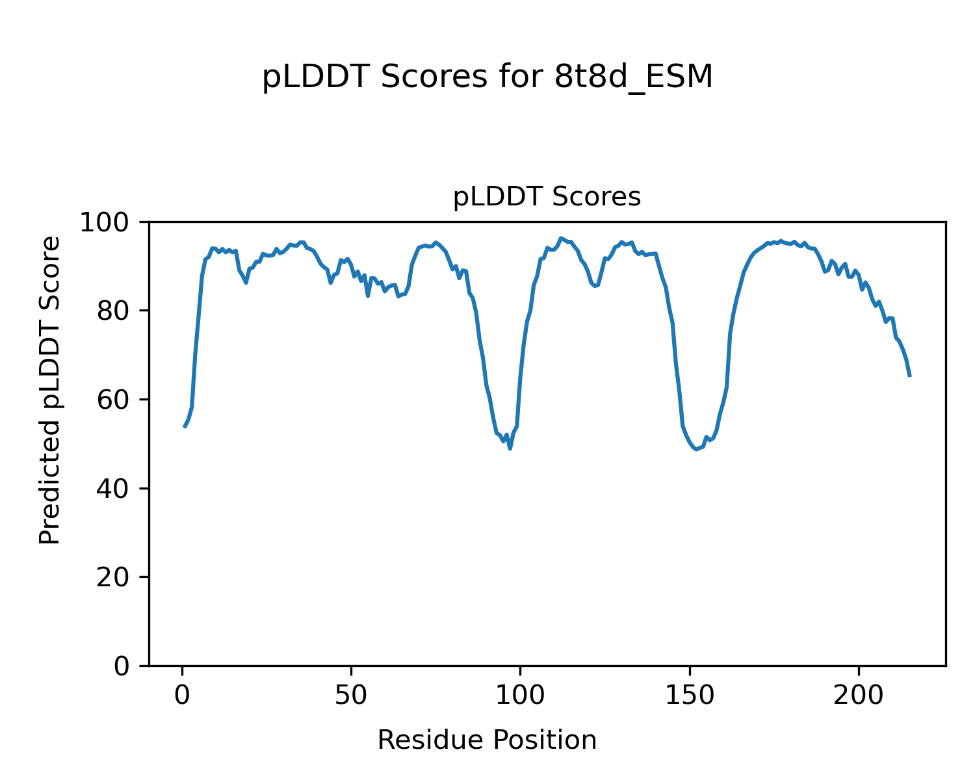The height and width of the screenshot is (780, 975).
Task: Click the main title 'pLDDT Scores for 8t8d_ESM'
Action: click(x=487, y=77)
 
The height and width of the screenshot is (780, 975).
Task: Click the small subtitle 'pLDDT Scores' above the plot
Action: click(x=547, y=197)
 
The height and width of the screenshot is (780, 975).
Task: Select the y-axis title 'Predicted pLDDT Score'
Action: click(x=50, y=390)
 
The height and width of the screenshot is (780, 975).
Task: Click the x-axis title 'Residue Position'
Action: click(x=487, y=740)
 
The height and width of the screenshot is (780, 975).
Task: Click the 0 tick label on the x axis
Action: click(x=183, y=695)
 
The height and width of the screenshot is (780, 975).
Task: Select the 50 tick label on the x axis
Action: click(x=351, y=695)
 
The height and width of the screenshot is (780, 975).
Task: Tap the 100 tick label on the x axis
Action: click(x=520, y=695)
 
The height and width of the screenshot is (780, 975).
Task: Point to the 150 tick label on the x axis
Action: click(x=689, y=695)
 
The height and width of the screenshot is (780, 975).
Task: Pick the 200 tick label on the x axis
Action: click(x=858, y=695)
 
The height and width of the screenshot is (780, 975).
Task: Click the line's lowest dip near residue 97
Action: click(x=510, y=448)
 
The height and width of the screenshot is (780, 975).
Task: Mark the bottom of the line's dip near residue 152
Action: click(x=696, y=449)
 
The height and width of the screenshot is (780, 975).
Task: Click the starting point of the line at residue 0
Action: click(x=184, y=426)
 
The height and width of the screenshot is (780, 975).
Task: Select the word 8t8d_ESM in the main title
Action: click(x=634, y=77)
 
